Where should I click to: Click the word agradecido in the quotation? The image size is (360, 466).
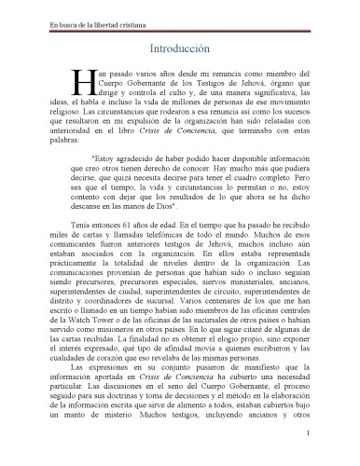click(133, 158)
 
